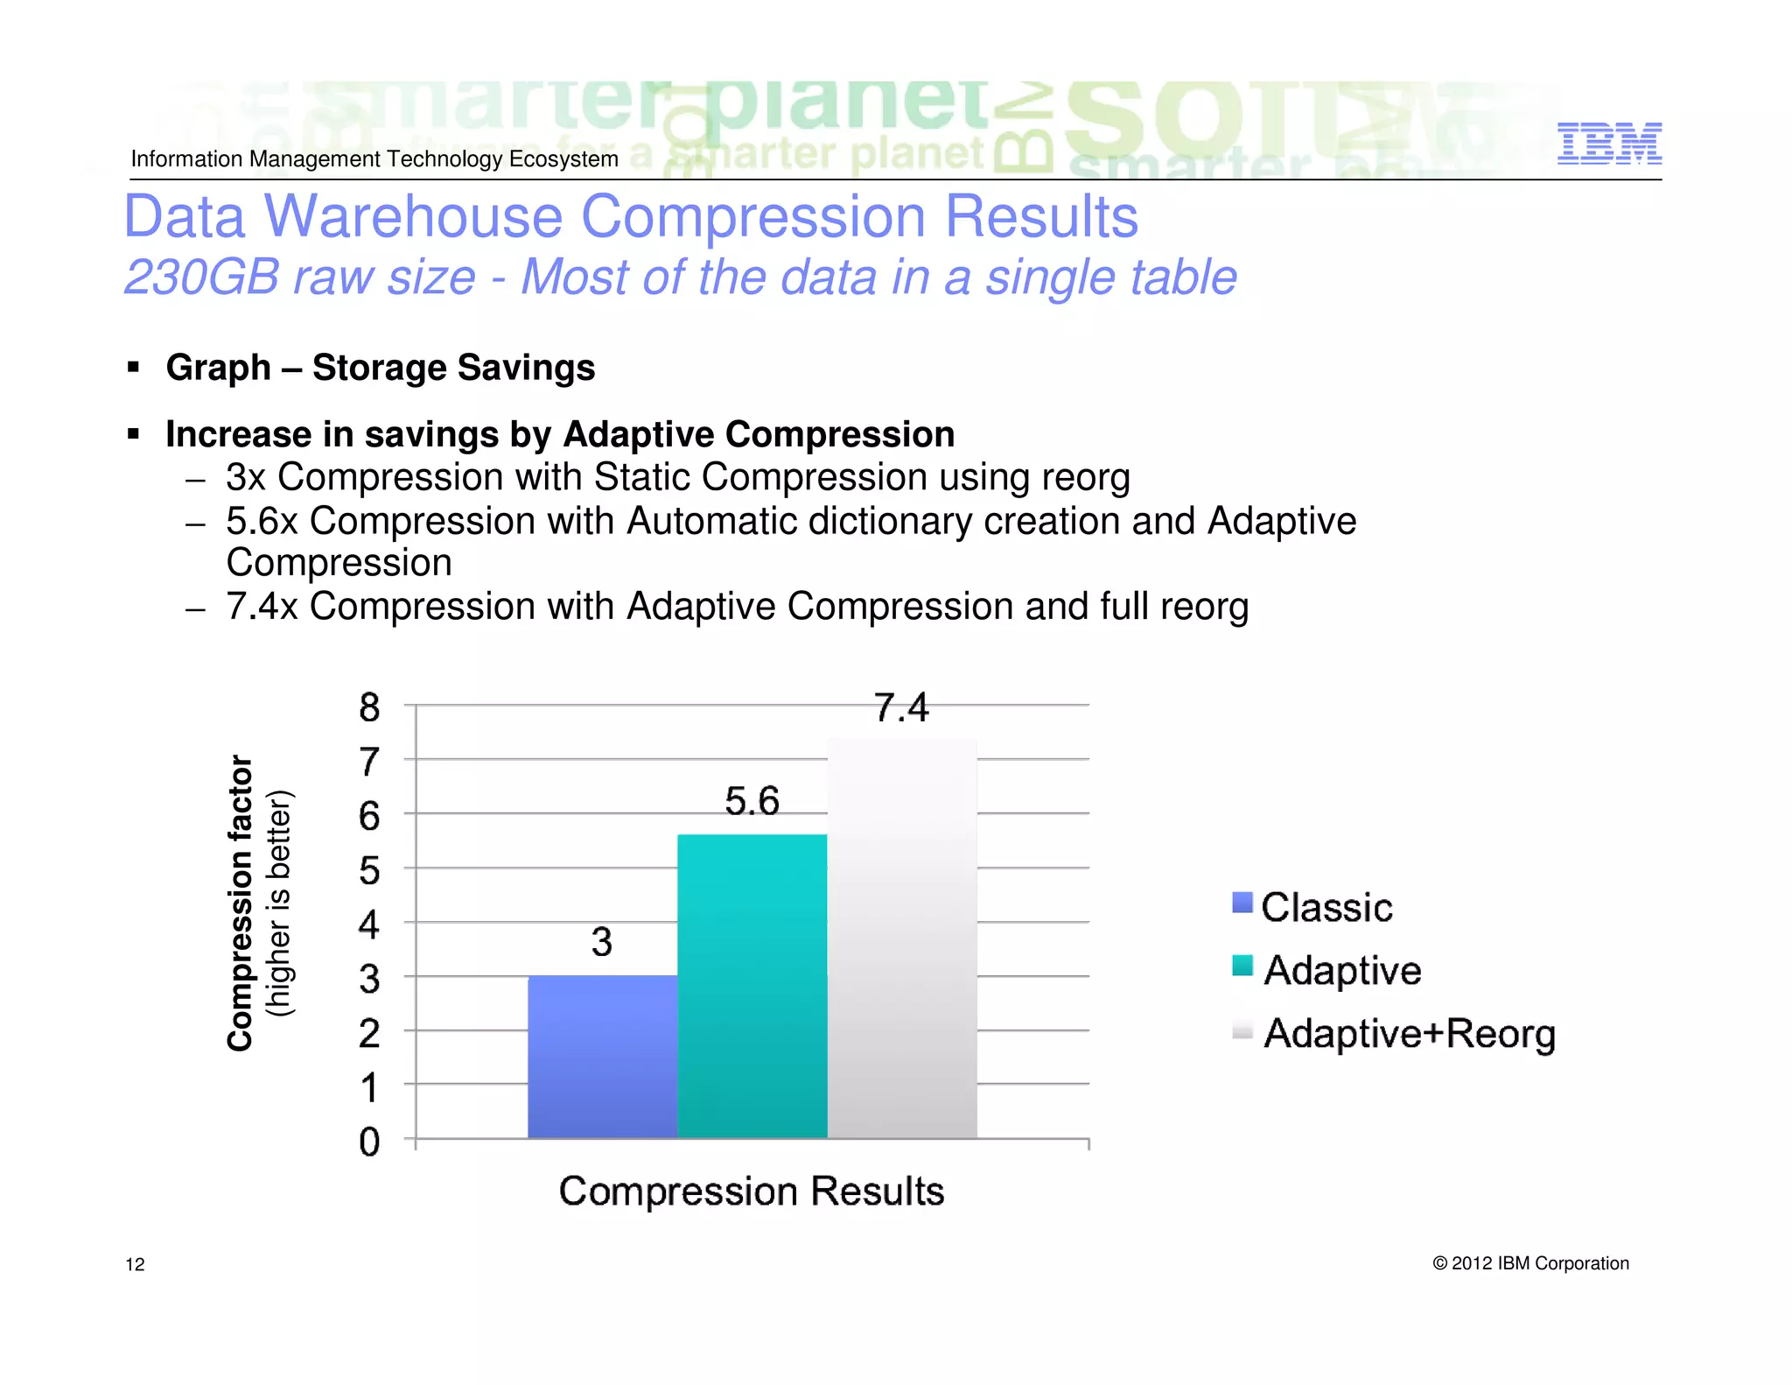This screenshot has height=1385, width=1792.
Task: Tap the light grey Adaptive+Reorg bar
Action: [901, 938]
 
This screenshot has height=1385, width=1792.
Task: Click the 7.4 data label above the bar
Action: [901, 707]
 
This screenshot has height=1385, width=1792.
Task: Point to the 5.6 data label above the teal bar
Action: [752, 801]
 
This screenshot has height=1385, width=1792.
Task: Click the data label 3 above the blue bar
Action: [601, 943]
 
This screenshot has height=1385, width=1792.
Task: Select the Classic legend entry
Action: [1326, 907]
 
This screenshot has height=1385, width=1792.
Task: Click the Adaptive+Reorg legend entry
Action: [1409, 1034]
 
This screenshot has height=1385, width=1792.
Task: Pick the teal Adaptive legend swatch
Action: [1242, 966]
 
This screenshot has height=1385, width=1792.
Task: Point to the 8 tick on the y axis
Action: [369, 707]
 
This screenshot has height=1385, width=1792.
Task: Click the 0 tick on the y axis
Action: [369, 1142]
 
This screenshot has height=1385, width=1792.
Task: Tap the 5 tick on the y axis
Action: [369, 871]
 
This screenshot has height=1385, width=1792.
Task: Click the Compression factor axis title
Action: [241, 903]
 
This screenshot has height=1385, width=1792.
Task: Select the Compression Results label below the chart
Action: [751, 1192]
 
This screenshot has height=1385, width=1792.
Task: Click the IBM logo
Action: [1609, 144]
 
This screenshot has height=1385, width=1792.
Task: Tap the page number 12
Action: [135, 1264]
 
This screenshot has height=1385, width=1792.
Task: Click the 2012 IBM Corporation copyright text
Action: [1530, 1263]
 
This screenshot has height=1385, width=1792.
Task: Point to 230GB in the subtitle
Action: [202, 278]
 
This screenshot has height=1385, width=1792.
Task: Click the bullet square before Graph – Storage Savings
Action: [133, 366]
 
